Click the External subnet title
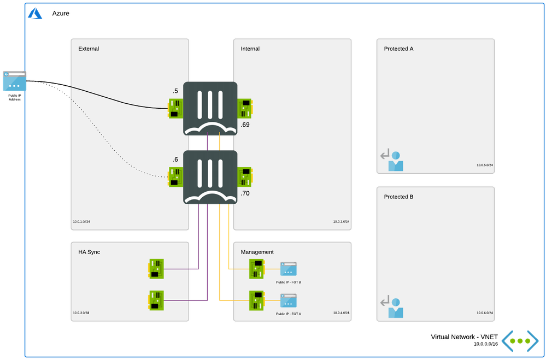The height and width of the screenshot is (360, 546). (x=89, y=49)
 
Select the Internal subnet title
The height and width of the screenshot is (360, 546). (x=250, y=49)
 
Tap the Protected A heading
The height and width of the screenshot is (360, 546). (x=398, y=49)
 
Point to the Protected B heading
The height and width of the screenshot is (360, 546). (x=398, y=197)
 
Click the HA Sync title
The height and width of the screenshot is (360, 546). (x=89, y=252)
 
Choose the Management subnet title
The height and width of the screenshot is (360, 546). (x=257, y=252)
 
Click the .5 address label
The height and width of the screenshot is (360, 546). (x=175, y=91)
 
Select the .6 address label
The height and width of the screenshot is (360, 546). (x=175, y=160)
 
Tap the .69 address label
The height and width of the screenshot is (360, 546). (x=245, y=125)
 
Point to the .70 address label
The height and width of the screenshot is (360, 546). (x=245, y=193)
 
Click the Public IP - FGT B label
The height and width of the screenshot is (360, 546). (x=289, y=282)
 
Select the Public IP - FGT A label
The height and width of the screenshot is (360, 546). (x=289, y=314)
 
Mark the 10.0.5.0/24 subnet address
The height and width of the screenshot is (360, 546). (x=484, y=164)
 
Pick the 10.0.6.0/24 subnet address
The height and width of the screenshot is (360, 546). (x=484, y=313)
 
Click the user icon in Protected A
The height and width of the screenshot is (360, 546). (x=395, y=162)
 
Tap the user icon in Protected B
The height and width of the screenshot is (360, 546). (x=395, y=309)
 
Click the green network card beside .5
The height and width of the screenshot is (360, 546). (x=175, y=108)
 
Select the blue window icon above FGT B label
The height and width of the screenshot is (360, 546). (x=288, y=269)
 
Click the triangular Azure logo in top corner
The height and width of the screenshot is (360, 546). (x=36, y=13)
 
